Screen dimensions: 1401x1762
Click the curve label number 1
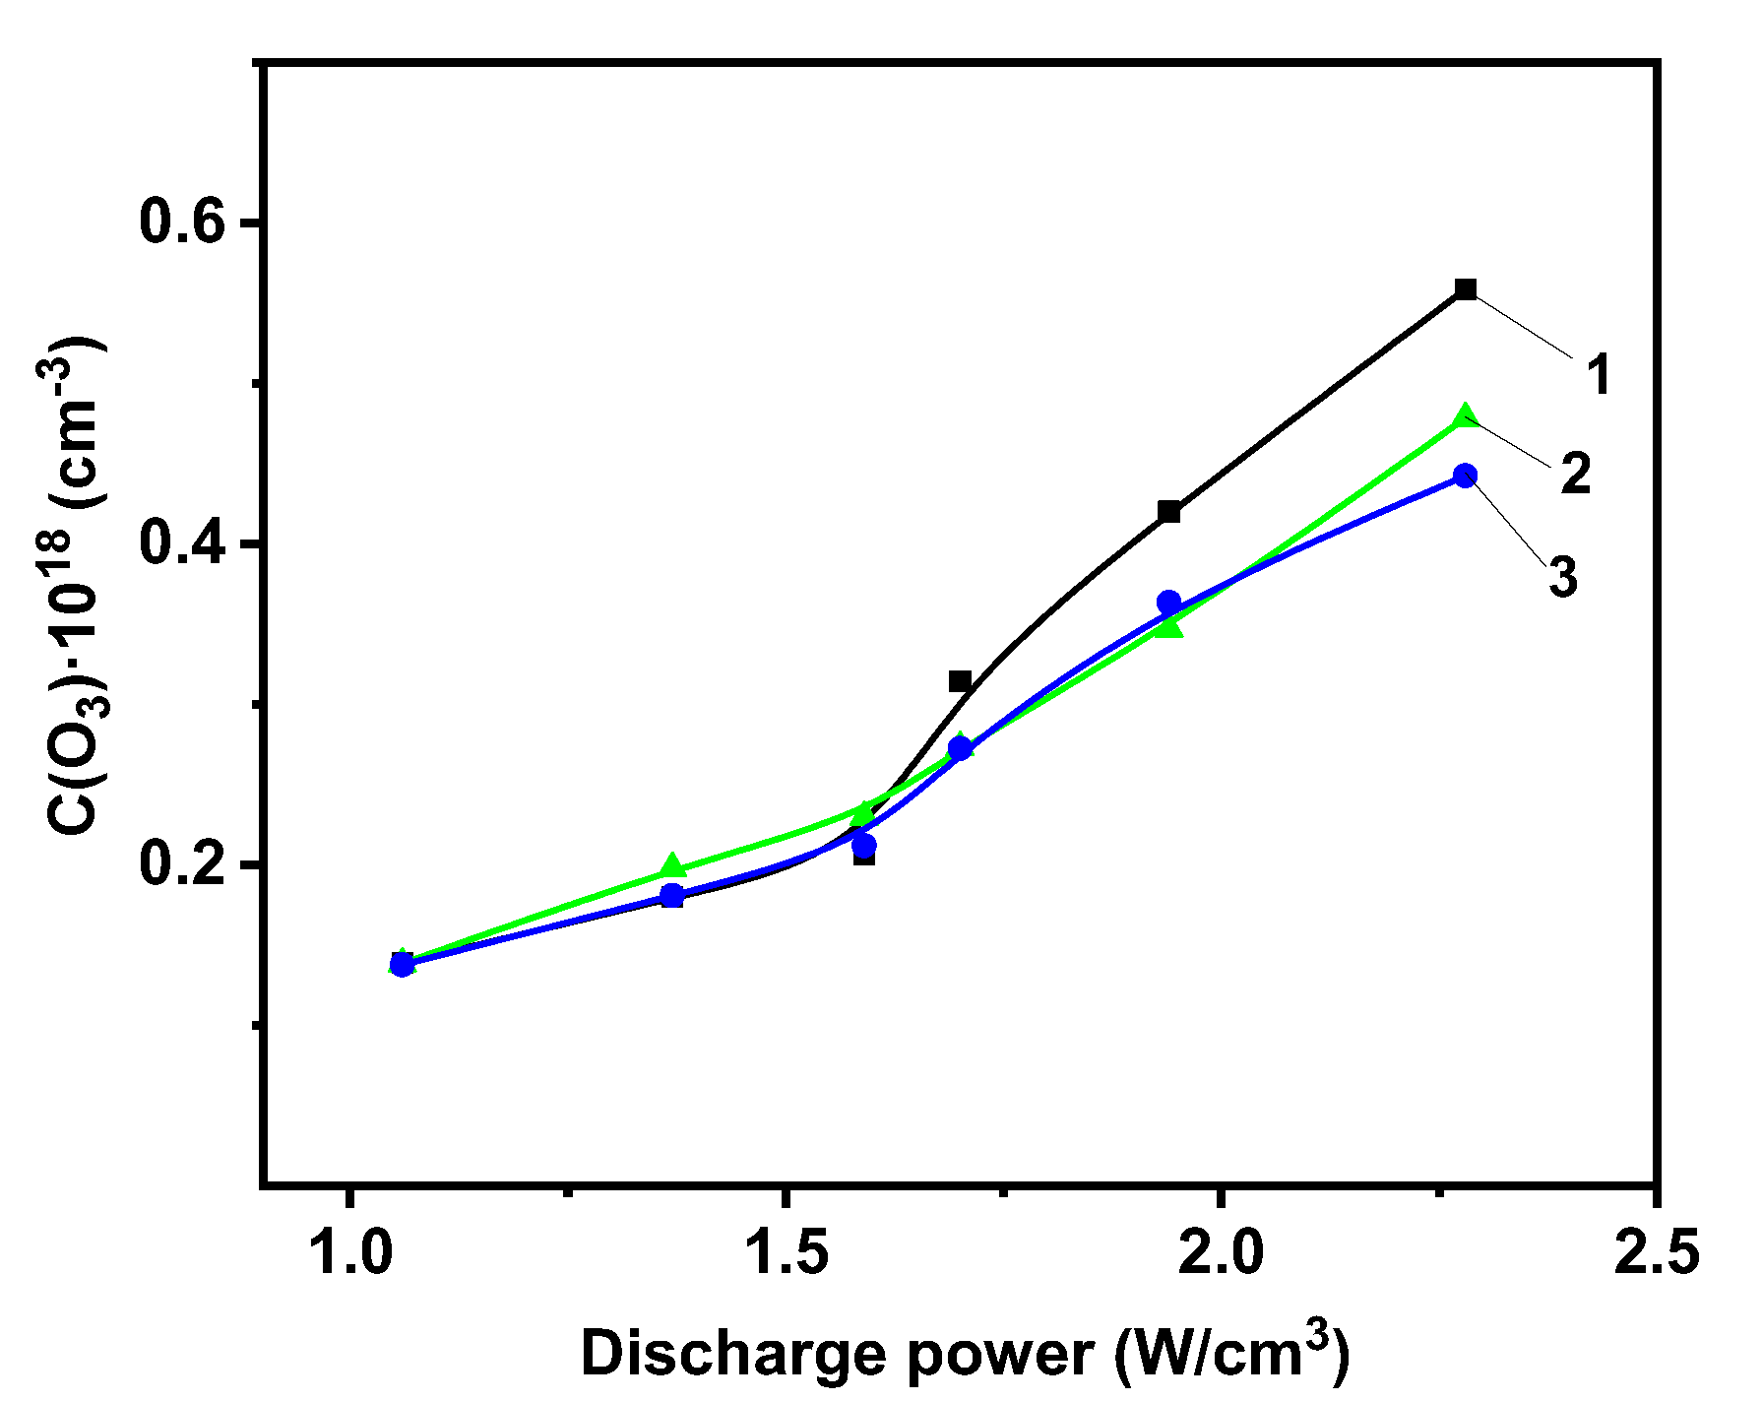coord(1599,375)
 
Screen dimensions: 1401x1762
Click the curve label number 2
coord(1576,475)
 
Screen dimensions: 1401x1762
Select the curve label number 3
coord(1563,577)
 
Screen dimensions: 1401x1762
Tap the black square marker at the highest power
coord(1466,289)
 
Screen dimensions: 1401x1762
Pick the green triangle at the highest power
coord(1466,416)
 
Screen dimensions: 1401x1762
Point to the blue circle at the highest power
coord(1466,477)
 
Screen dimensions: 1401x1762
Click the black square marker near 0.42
coord(1169,512)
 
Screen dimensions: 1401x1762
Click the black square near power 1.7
coord(960,681)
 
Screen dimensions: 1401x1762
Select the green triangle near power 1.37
coord(672,866)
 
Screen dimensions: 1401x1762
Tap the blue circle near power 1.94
coord(1168,602)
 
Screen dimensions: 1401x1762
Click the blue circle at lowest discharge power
coord(402,964)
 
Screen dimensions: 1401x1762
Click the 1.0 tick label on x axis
coord(350,1252)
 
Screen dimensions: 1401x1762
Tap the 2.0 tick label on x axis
coord(1221,1252)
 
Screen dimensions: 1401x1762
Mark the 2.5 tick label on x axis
coord(1657,1252)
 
